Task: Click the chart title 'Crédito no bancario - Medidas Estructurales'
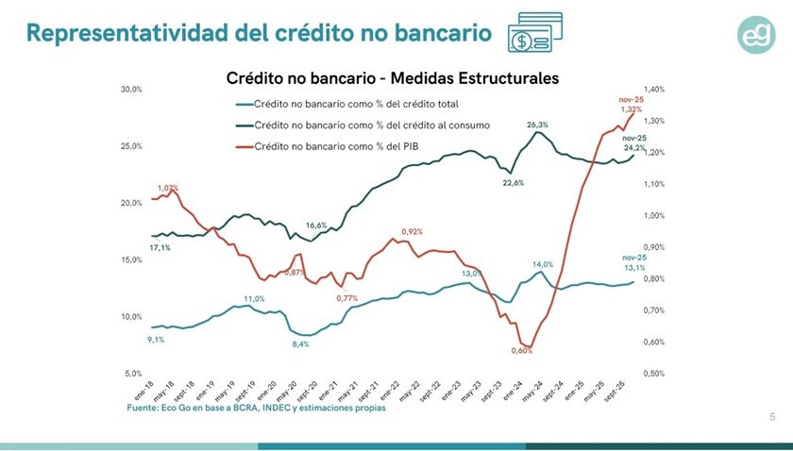pos(393,77)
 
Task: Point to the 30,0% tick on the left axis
pos(130,90)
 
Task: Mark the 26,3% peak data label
pos(537,125)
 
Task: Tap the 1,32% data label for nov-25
pos(632,109)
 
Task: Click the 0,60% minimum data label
pos(522,350)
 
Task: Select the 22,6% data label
pos(513,183)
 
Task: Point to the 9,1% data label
pos(156,340)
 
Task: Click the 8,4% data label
pos(300,344)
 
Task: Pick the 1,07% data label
pos(168,188)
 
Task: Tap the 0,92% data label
pos(412,231)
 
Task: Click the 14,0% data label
pos(543,264)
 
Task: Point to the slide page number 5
pos(772,416)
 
